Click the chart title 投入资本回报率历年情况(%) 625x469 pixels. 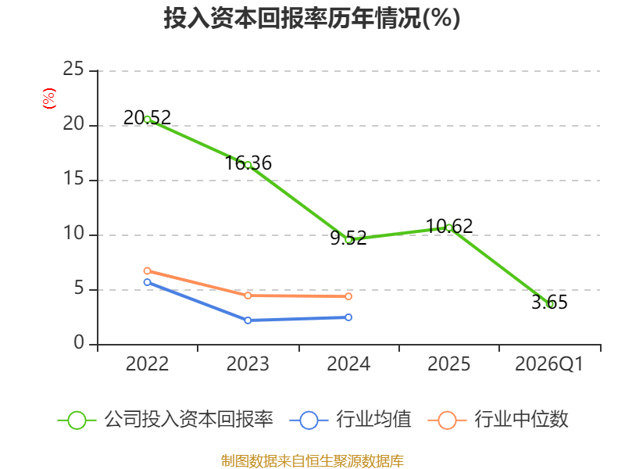(312, 18)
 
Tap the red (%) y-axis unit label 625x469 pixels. (49, 98)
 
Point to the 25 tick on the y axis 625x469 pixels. (73, 69)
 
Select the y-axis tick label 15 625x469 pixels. (73, 178)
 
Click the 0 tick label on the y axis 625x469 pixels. (79, 342)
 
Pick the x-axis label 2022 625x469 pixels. (147, 363)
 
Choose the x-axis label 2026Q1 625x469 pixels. (549, 363)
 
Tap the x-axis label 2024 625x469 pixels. (348, 363)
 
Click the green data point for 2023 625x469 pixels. (248, 165)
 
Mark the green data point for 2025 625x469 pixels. (448, 227)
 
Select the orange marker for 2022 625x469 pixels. (147, 270)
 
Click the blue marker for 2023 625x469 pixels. (248, 320)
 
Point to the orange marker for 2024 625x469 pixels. (348, 296)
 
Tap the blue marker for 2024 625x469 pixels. (348, 317)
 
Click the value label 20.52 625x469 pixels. (147, 118)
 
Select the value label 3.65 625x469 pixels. (549, 302)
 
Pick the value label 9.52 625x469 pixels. (348, 238)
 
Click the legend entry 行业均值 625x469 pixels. (350, 420)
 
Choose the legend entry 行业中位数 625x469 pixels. (498, 420)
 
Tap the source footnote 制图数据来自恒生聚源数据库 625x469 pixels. (312, 461)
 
